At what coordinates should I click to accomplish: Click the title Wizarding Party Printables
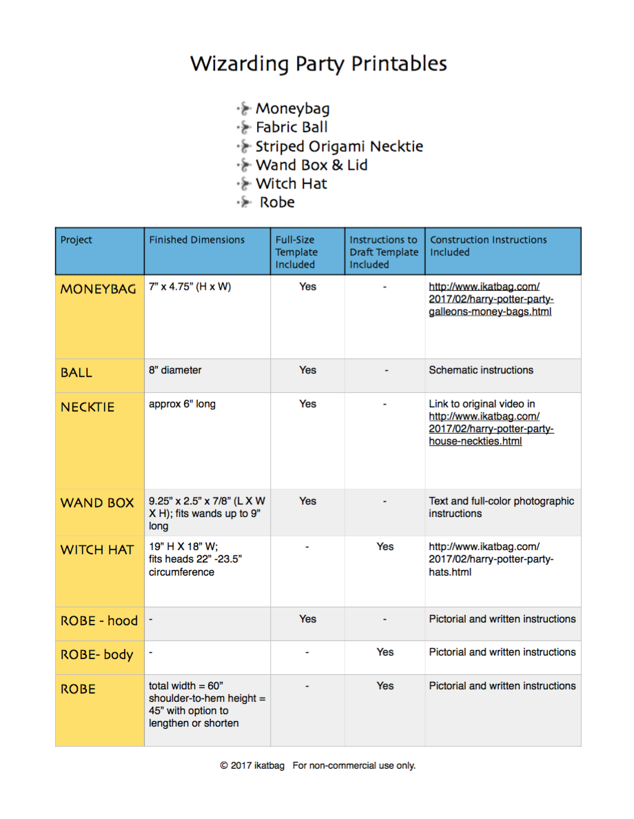318,64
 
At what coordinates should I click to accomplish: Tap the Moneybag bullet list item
292,108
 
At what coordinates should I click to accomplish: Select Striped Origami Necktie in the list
338,146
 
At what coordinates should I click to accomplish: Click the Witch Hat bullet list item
291,183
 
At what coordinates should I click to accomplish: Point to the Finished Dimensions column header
196,240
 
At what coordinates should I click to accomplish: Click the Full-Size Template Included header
296,252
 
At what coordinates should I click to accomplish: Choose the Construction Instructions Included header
488,246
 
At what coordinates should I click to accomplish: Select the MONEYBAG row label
98,289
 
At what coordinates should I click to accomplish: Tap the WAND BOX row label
97,503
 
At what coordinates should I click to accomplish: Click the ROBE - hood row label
99,620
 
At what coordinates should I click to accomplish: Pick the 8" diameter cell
175,370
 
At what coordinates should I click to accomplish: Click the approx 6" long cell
182,404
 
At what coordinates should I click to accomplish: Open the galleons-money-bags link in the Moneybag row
491,299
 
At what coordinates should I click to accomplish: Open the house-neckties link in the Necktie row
491,429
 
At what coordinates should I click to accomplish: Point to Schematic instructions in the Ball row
481,370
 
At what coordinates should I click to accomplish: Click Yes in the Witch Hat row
385,547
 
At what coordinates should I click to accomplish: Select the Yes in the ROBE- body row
385,652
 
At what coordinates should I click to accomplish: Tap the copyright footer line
318,765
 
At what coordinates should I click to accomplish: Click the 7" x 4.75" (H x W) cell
190,287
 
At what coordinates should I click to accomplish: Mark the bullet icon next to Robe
244,203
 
